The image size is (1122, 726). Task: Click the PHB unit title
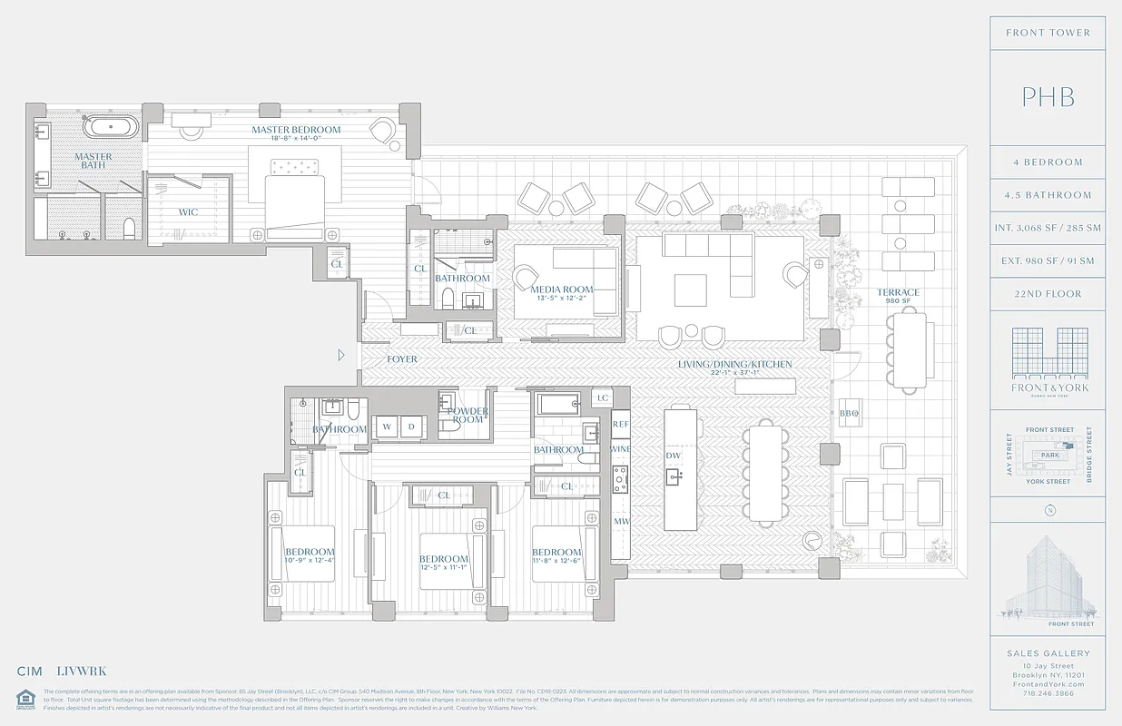[1048, 97]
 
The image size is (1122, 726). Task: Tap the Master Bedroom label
[296, 131]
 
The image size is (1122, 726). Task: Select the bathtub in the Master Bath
[112, 125]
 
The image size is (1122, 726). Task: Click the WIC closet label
[189, 212]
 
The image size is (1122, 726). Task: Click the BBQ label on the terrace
[849, 414]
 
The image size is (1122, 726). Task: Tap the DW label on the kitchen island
[674, 456]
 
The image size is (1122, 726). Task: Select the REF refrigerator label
[621, 424]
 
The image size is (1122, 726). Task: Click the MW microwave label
[621, 522]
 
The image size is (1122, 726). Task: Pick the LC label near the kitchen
[603, 398]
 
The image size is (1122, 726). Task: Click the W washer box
[386, 426]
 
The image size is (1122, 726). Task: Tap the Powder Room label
[468, 416]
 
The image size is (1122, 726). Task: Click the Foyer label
[402, 359]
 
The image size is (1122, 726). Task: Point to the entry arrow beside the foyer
[341, 356]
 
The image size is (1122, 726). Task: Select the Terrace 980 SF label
[898, 297]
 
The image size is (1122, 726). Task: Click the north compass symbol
[1049, 509]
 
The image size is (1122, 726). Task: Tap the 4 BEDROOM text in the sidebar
[1048, 162]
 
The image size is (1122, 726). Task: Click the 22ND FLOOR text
[1048, 294]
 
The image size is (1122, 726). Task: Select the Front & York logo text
[1049, 388]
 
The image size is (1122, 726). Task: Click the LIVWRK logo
[82, 672]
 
